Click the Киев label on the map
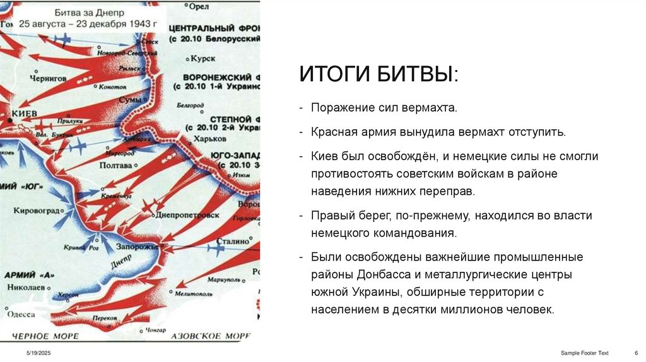pos(26,112)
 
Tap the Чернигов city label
pos(47,78)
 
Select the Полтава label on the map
pos(116,165)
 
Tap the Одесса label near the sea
pos(21,313)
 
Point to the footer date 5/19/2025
pos(38,352)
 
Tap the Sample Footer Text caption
pos(584,352)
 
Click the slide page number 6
pos(635,352)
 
